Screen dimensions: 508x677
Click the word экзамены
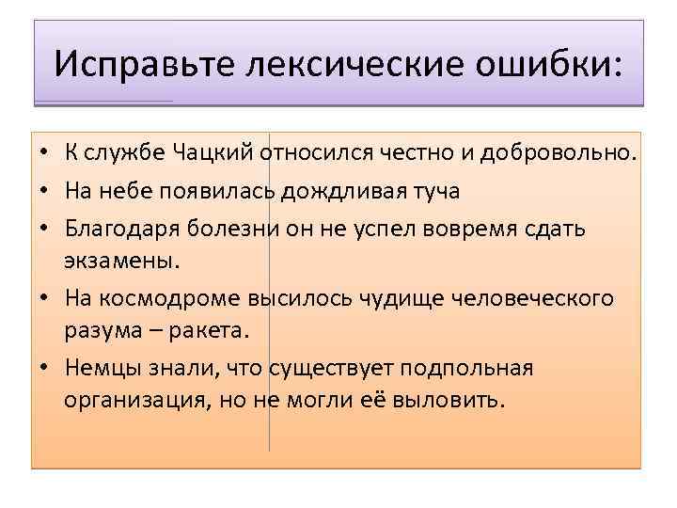[118, 260]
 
